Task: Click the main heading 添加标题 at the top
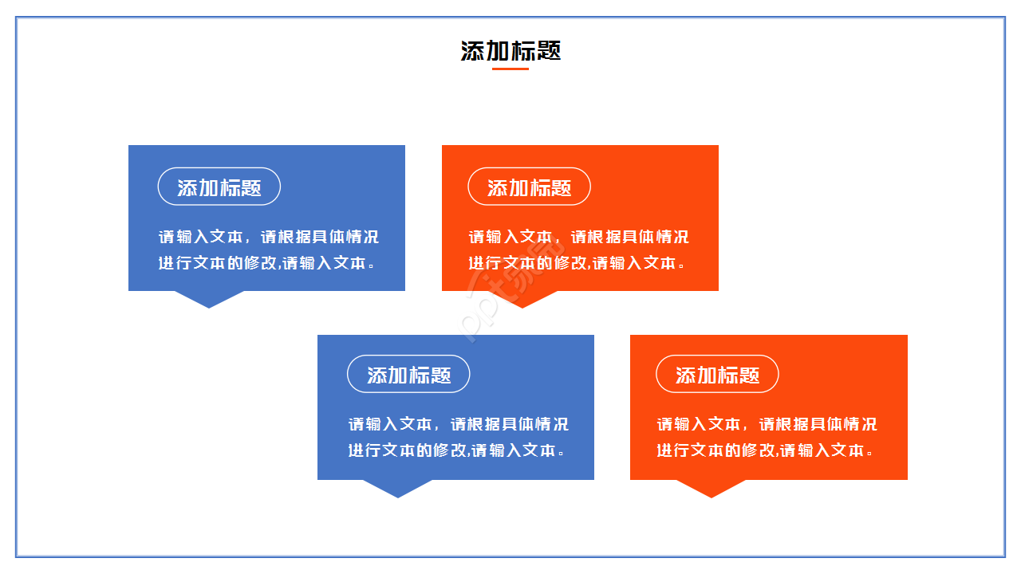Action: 510,51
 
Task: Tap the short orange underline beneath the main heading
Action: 510,69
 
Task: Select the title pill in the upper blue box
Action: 219,187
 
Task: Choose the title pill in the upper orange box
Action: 529,187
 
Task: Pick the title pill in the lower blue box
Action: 408,374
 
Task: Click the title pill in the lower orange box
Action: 717,374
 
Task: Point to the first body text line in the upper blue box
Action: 268,237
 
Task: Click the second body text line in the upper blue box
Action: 266,262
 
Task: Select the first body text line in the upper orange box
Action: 578,237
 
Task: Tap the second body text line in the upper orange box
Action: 576,262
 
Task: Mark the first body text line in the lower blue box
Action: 458,424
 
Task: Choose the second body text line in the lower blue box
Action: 456,450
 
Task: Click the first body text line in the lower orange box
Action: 767,424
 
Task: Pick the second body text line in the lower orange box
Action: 764,450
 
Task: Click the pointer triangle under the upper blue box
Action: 209,298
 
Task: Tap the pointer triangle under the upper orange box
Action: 522,298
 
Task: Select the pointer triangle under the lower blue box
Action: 398,487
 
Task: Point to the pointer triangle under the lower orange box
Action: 711,487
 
